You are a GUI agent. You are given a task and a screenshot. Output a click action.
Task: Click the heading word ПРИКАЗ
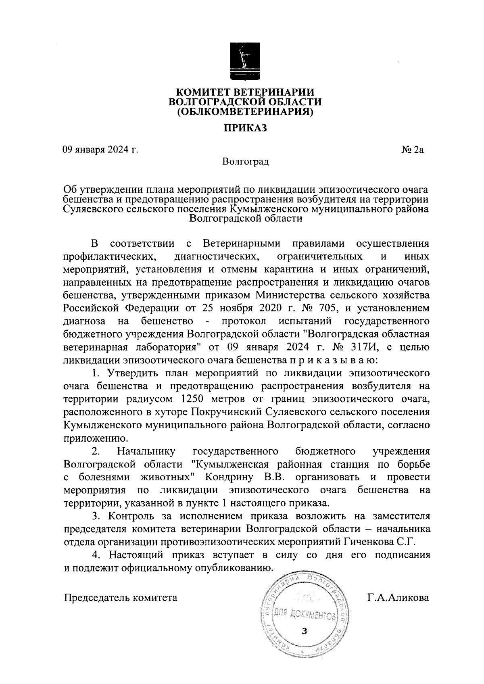pyautogui.click(x=246, y=129)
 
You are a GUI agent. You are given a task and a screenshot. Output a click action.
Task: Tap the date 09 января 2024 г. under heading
pyautogui.click(x=100, y=150)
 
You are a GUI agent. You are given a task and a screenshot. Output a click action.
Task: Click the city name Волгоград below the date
pyautogui.click(x=245, y=162)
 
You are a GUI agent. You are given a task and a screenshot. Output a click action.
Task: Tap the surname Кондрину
pyautogui.click(x=229, y=477)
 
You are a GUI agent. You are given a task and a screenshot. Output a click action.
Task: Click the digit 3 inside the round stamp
pyautogui.click(x=305, y=631)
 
